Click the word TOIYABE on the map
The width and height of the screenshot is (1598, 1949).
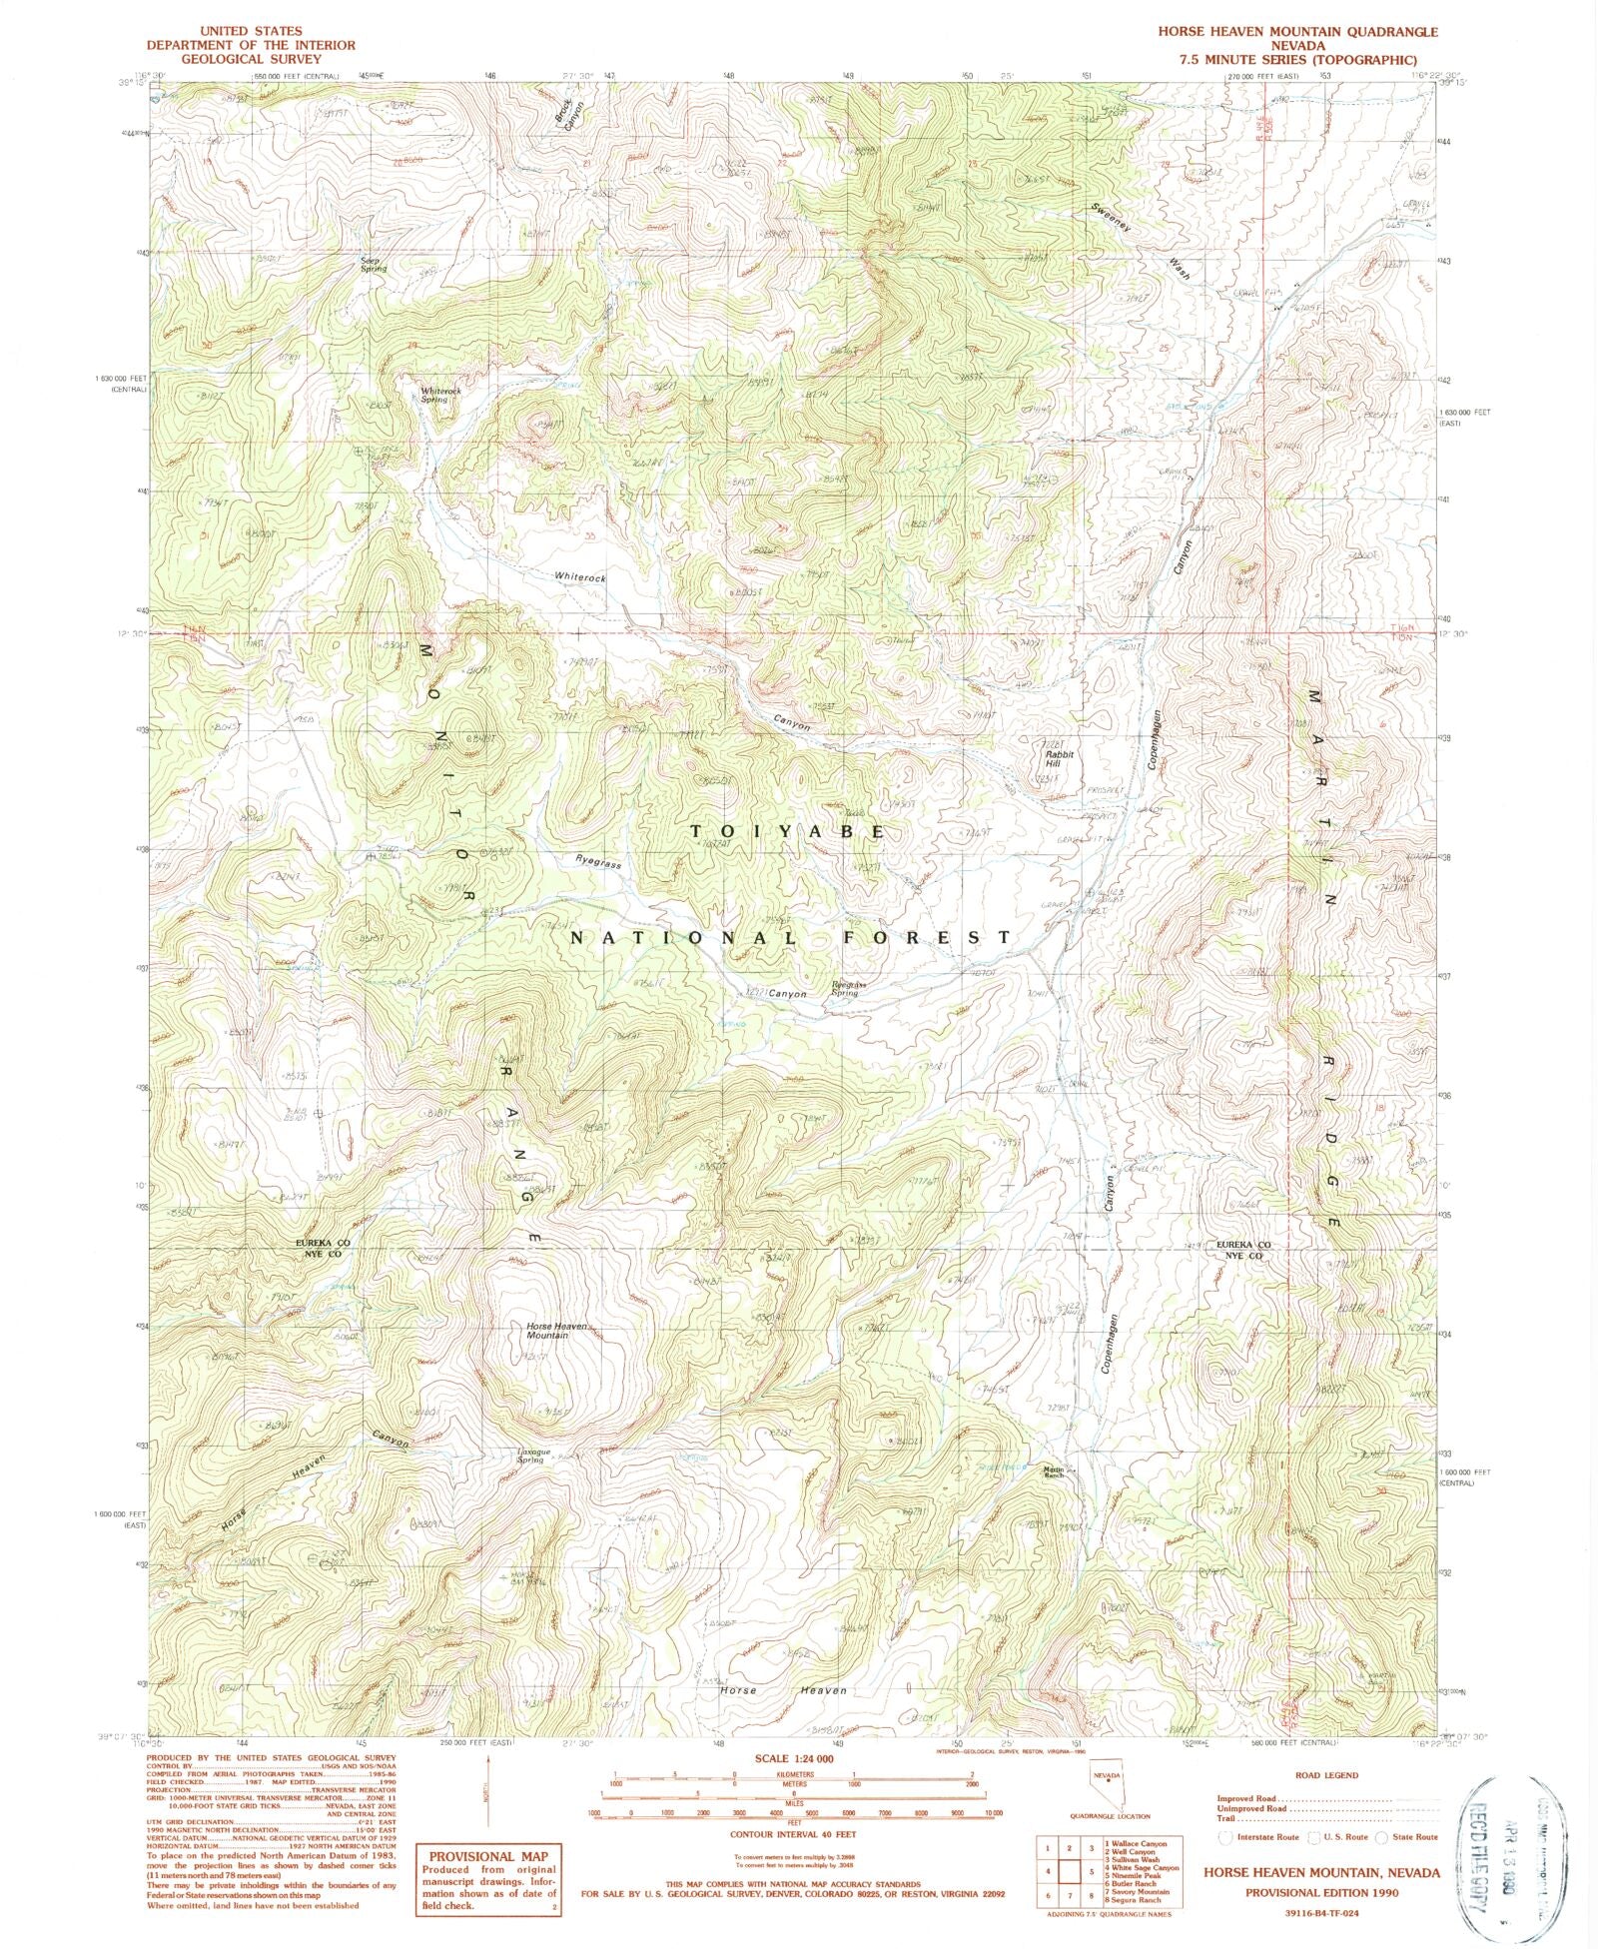coord(787,831)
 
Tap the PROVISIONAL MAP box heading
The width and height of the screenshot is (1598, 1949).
coord(488,1854)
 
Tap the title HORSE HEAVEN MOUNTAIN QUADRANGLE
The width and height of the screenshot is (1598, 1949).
coord(1298,32)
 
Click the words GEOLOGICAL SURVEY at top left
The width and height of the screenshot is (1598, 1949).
coord(237,59)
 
